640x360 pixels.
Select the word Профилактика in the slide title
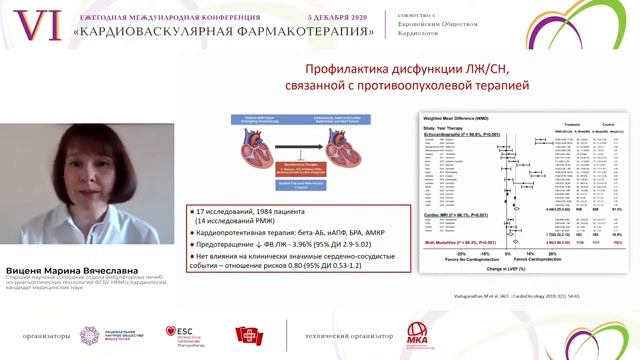[326, 71]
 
